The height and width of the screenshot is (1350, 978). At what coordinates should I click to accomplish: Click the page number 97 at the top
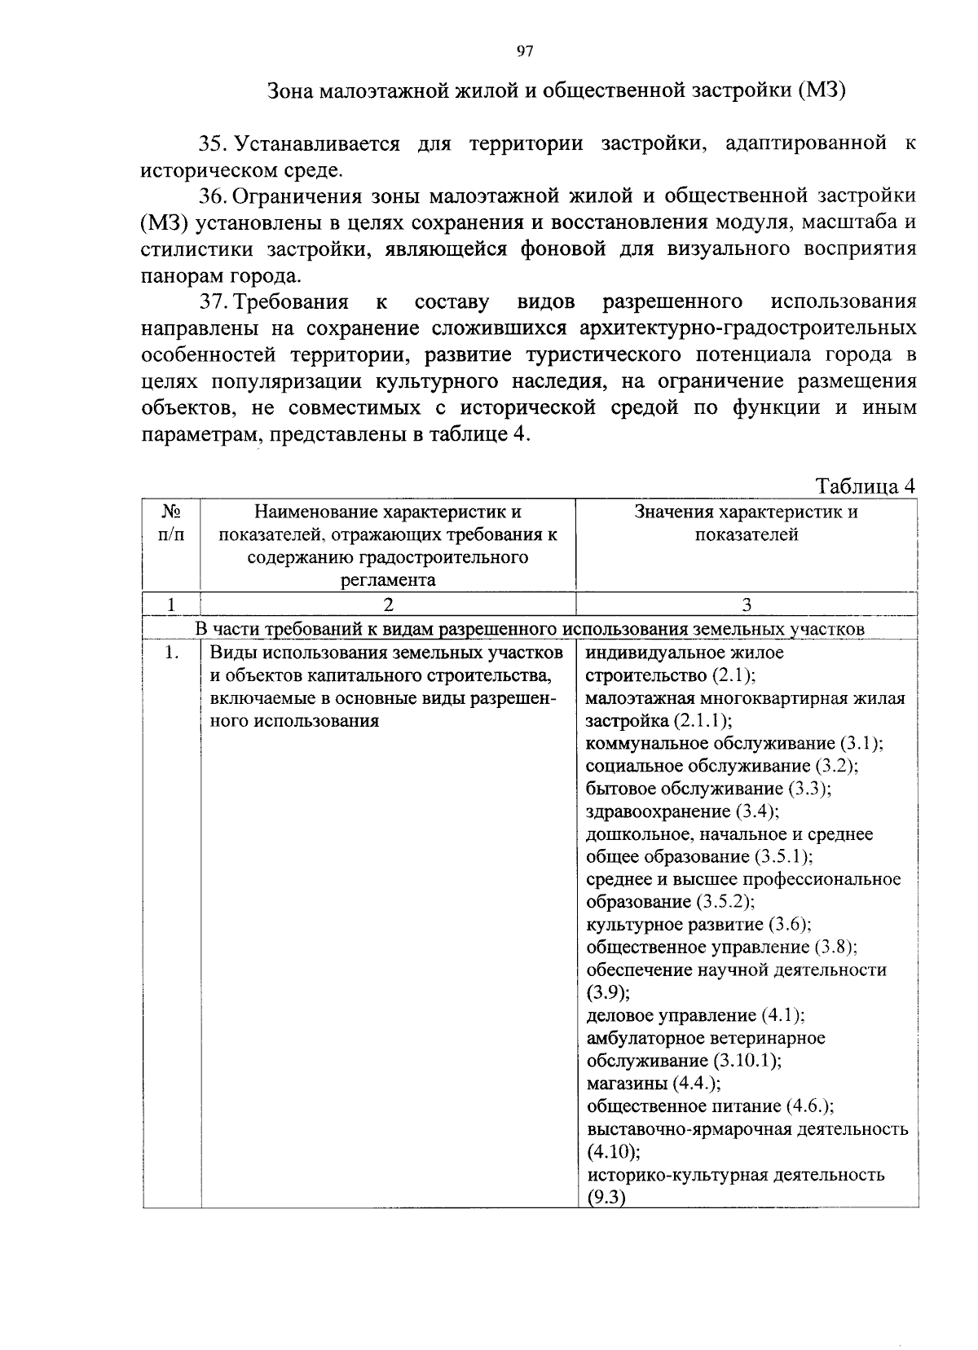(524, 51)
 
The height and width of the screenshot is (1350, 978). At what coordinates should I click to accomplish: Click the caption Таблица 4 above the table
(866, 486)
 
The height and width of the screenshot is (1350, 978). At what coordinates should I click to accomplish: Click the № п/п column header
(171, 523)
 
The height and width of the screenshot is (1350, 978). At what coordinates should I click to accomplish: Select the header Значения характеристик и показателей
(746, 523)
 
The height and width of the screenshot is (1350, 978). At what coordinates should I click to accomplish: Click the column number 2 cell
(388, 605)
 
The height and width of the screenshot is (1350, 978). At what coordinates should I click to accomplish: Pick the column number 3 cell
(746, 605)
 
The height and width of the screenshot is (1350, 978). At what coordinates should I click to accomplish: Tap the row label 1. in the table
(170, 653)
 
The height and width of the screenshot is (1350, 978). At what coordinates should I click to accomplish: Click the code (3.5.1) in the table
(782, 857)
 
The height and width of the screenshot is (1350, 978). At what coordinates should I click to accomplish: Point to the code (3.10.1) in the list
(747, 1061)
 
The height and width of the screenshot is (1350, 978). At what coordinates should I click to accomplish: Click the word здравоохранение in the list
(658, 811)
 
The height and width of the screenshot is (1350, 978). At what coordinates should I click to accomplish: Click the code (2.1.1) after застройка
(702, 721)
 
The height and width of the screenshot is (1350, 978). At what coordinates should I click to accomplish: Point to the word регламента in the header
(388, 580)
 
